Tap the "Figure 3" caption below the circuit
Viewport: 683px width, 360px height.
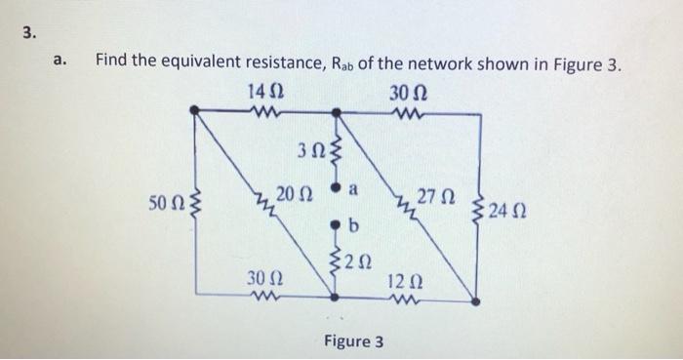click(x=354, y=341)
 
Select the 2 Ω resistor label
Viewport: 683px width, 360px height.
click(x=358, y=260)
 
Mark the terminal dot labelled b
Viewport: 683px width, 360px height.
click(x=337, y=225)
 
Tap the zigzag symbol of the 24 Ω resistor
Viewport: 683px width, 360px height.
click(x=478, y=207)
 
